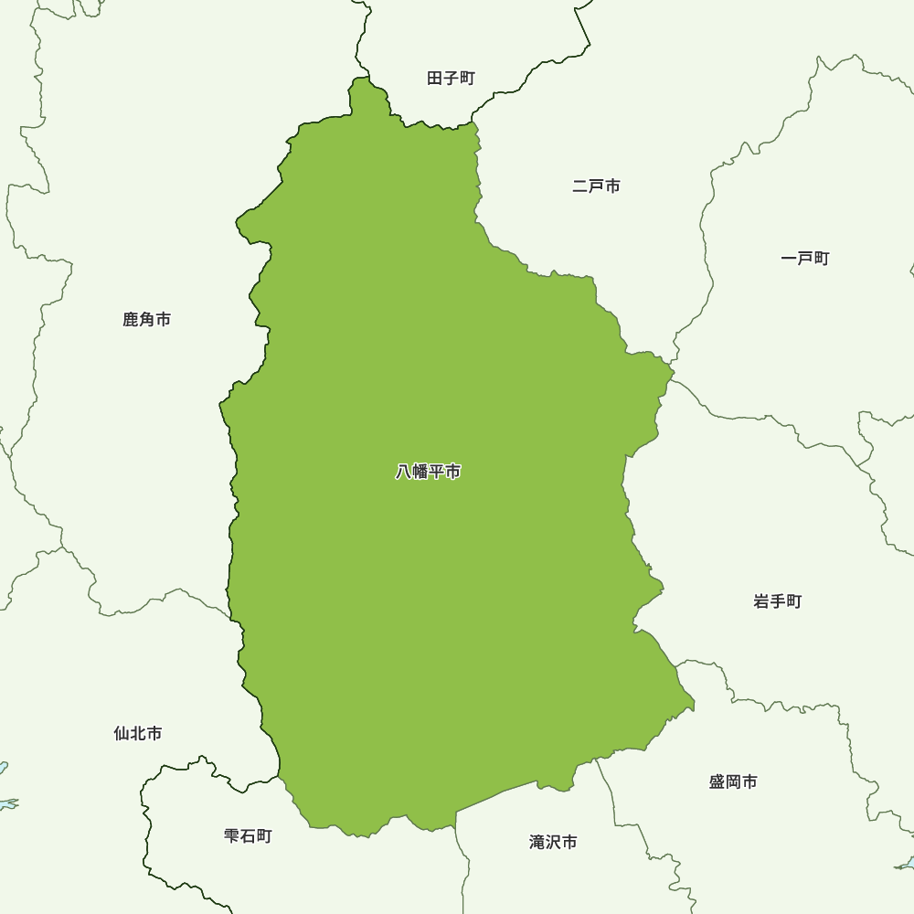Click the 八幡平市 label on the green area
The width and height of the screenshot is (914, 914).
(x=428, y=473)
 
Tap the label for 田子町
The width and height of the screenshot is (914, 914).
(x=452, y=79)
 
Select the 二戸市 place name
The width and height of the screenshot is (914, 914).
(x=596, y=186)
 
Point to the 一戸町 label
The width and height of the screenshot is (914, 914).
(x=805, y=259)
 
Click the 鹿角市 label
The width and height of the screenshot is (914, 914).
(x=146, y=320)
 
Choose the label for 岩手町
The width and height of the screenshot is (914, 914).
(x=778, y=601)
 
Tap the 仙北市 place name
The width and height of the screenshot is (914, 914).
(x=138, y=734)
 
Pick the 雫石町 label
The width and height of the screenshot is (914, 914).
(x=248, y=836)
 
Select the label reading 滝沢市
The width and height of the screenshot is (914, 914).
(x=553, y=843)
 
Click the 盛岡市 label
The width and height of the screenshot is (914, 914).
(x=733, y=782)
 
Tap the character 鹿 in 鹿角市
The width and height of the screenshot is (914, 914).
(x=131, y=320)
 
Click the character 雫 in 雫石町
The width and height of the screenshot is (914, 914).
(x=232, y=836)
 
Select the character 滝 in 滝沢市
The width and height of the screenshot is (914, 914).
(x=537, y=843)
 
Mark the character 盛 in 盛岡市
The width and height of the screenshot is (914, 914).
(x=717, y=782)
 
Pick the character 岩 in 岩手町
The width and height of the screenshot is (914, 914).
(x=762, y=601)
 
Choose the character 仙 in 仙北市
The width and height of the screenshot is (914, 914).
(x=122, y=734)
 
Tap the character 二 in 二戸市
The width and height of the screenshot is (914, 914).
(x=580, y=186)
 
